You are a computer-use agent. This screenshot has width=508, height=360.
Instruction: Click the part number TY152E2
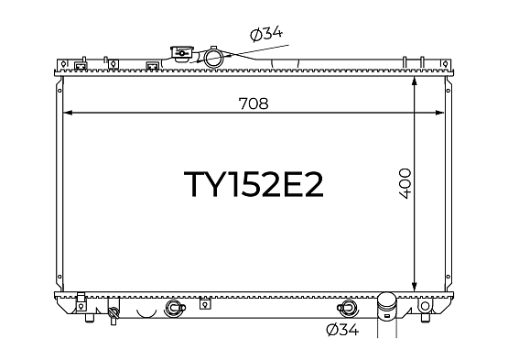coord(254,184)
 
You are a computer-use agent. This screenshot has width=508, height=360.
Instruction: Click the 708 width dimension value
coord(254,104)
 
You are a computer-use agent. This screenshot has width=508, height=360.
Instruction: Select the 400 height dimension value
coord(405,183)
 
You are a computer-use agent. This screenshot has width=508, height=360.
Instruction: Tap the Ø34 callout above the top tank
coord(266,34)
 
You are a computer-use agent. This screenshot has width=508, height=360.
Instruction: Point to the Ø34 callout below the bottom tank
coord(342,330)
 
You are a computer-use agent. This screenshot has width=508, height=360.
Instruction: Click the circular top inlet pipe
coord(213,57)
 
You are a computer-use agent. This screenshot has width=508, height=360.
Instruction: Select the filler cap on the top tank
coord(182,53)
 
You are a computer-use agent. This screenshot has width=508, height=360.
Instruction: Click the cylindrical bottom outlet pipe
coord(387,306)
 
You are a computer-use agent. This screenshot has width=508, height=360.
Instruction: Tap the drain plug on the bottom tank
coord(113,315)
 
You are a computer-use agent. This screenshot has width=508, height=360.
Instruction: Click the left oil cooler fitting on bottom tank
coord(175,308)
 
